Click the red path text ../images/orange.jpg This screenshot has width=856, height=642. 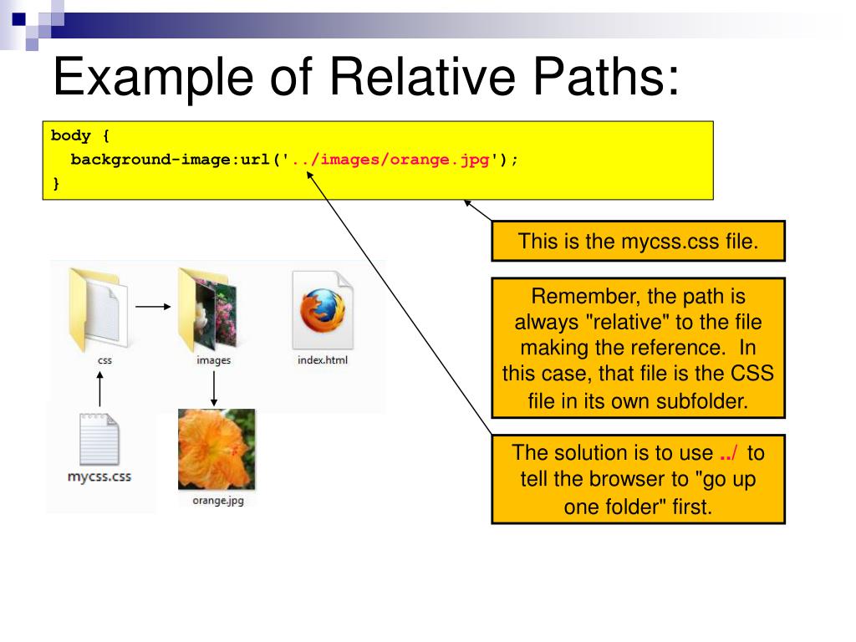pos(390,160)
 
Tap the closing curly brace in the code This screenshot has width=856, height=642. pos(56,184)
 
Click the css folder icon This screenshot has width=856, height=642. pos(99,309)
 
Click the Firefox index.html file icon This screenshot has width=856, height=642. pos(323,309)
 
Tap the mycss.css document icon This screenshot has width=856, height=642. pos(99,439)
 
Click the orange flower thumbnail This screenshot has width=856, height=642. pos(217,449)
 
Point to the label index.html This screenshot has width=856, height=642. pos(323,360)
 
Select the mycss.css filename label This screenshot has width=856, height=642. pos(99,478)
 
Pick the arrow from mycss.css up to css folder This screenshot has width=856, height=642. pos(99,389)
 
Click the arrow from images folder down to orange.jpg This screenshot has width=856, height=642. pos(214,389)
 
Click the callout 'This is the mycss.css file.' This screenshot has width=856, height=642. pos(638,242)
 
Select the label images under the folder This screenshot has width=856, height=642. pos(214,360)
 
